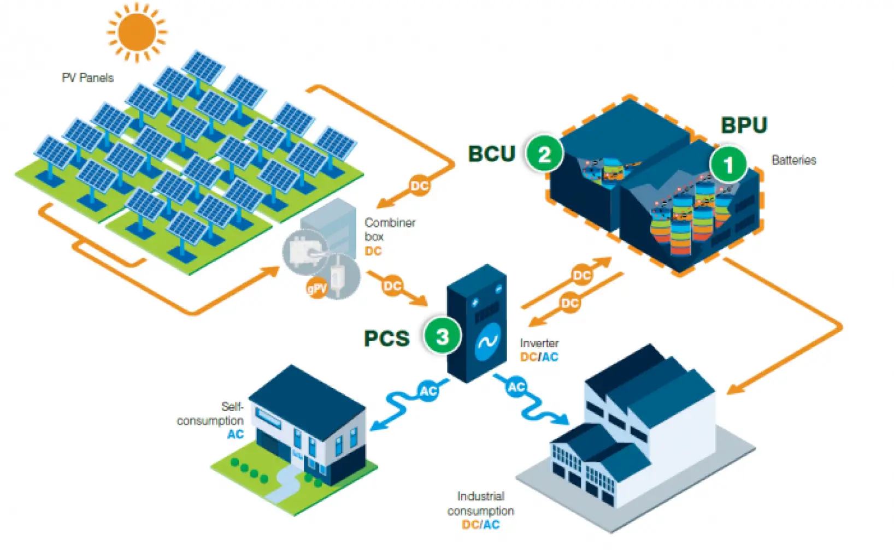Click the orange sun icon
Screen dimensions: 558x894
pos(137,31)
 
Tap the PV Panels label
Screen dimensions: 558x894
pos(87,78)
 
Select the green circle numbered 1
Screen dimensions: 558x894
pos(728,164)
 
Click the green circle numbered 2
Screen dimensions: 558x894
pos(544,154)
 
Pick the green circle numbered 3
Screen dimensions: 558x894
pos(442,336)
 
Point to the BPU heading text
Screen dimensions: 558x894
pos(744,125)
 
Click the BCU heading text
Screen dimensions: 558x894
pos(491,153)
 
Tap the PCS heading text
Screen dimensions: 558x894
pos(386,339)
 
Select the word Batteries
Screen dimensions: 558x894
pos(793,160)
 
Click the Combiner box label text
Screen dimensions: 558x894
pos(389,230)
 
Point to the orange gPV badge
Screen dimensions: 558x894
pos(317,288)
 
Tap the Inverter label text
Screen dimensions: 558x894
pos(539,343)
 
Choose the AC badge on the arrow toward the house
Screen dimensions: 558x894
pos(428,390)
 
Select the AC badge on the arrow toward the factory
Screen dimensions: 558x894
pos(516,387)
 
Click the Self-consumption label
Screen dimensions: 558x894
pos(211,414)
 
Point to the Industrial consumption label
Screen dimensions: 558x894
pos(480,503)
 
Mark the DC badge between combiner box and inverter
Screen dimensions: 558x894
pos(392,286)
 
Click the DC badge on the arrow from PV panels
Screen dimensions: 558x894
pos(419,186)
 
